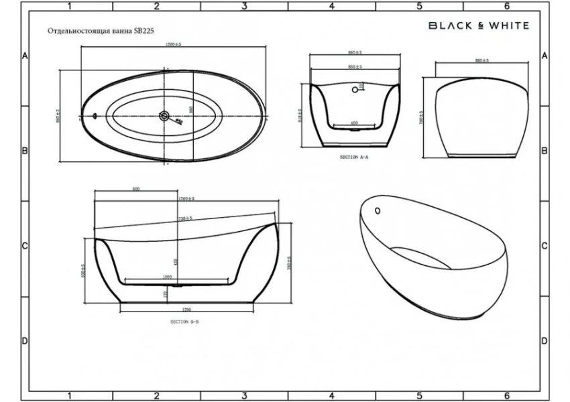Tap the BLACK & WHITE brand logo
tap(479, 25)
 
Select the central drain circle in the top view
tap(164, 116)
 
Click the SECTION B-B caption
tap(184, 322)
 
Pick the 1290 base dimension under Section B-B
tap(186, 310)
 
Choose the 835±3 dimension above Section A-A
tap(355, 67)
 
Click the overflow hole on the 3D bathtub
tap(378, 210)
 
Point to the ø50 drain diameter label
tap(179, 122)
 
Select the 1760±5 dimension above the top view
tap(174, 44)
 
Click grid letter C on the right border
tap(545, 246)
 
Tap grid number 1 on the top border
tap(69, 6)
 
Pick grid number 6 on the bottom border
tap(507, 395)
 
